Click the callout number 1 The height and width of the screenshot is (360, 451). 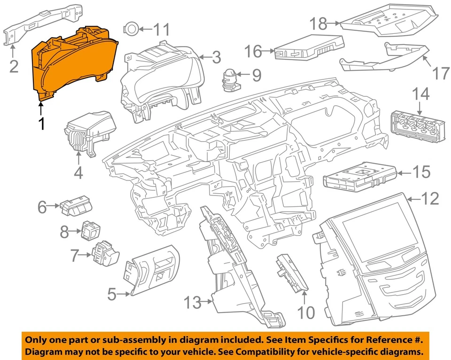coord(41,124)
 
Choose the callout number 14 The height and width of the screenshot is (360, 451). coord(420,94)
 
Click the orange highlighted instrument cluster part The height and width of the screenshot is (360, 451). coord(70,63)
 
